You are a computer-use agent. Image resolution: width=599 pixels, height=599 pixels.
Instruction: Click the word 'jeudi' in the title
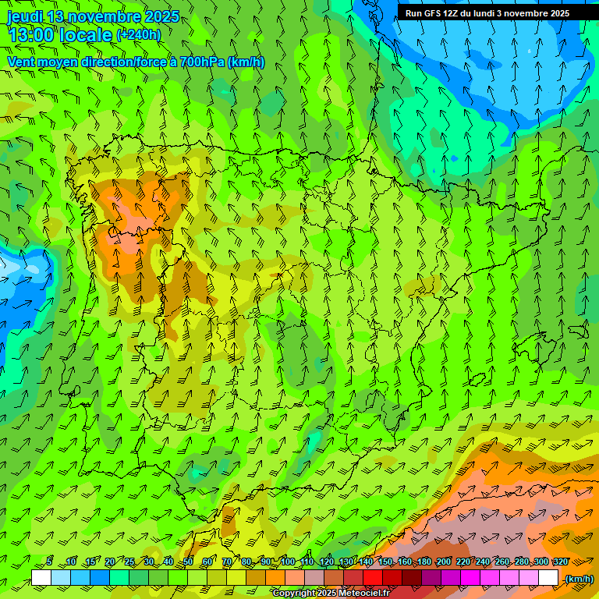[25, 16]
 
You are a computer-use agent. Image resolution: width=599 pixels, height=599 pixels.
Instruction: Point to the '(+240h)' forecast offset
[138, 35]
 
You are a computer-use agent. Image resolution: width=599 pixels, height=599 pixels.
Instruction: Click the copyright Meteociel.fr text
[331, 593]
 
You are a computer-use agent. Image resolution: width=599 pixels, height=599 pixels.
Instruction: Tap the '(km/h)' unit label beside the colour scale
[578, 578]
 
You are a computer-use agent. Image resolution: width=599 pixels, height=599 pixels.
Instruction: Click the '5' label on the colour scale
[49, 562]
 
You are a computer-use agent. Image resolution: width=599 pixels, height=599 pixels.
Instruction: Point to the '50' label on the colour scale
[188, 562]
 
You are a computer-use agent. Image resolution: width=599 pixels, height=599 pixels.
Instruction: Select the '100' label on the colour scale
[287, 562]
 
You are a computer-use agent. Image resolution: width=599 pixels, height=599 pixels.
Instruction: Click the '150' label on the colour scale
[385, 562]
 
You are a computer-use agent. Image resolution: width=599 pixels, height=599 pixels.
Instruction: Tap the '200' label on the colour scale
[444, 562]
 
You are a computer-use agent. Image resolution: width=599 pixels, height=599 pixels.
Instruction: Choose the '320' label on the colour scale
[560, 562]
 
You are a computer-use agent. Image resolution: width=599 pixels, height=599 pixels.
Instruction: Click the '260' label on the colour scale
[502, 562]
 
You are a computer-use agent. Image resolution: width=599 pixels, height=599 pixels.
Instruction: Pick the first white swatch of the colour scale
[41, 578]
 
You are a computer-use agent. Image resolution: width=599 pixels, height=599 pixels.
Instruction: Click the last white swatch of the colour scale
[548, 578]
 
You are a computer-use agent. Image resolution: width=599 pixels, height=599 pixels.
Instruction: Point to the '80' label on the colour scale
[246, 562]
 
